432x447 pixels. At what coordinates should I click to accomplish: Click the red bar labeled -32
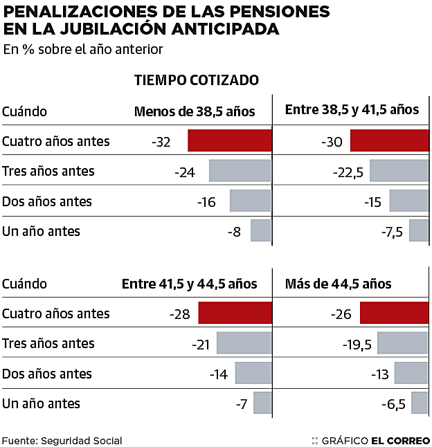point(229,140)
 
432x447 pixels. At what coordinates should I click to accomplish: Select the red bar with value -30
point(390,140)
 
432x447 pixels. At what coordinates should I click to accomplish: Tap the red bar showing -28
point(235,313)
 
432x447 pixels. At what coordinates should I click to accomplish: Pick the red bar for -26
point(395,313)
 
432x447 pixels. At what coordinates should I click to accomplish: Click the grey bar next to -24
point(240,171)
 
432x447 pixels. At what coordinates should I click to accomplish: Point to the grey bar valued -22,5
point(399,171)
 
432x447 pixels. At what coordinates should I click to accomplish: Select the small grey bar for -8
point(261,230)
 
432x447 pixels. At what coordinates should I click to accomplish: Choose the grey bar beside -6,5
point(420,403)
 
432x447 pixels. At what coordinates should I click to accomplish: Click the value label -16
point(206,202)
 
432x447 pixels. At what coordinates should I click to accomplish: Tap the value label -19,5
point(357,344)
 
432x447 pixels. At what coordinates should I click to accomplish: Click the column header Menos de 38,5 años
point(195,111)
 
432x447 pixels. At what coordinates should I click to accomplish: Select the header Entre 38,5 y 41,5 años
point(352,110)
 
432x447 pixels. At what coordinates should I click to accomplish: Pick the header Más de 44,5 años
point(338,284)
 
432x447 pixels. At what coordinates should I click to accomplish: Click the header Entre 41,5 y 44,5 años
point(189,284)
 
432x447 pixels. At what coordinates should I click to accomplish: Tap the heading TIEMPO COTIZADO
point(196,80)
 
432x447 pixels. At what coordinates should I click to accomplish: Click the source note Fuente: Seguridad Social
point(62,440)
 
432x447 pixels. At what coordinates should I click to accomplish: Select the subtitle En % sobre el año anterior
point(82,49)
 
